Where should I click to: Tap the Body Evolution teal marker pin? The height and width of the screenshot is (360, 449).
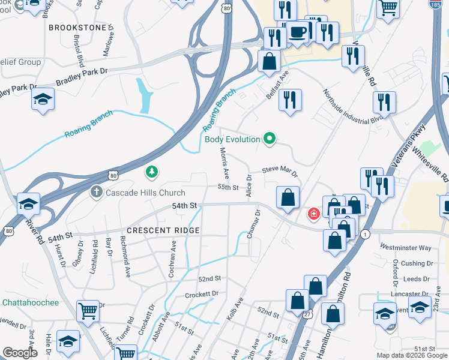(x=270, y=139)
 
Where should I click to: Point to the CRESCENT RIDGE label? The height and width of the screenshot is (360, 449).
(x=163, y=230)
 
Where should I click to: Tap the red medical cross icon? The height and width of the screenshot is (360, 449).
(x=313, y=214)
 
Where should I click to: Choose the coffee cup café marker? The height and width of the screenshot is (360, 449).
(x=297, y=33)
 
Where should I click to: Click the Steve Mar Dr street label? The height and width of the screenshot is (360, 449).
(x=280, y=172)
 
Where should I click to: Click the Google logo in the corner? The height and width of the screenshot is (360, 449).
(x=20, y=353)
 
